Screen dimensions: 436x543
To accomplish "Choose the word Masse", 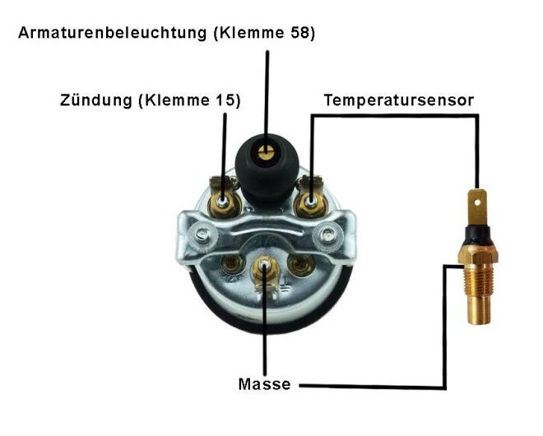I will point(265,383).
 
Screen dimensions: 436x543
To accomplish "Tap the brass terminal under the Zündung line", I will point(224,199).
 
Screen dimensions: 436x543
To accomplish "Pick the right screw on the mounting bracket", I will point(330,236).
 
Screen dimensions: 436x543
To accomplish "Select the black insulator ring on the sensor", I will point(478,234).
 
